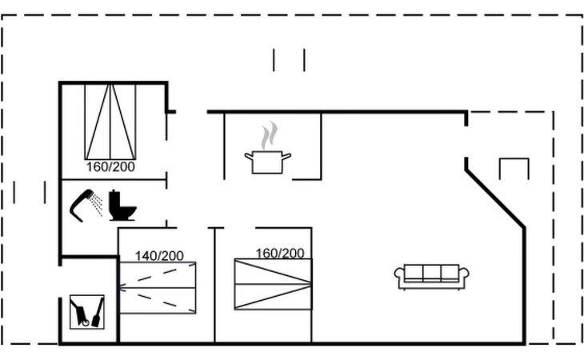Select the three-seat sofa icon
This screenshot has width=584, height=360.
point(431,276)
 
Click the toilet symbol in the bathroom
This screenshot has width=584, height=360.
point(122,206)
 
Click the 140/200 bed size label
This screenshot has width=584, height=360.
point(158,256)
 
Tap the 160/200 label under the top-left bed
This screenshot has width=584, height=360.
point(110,167)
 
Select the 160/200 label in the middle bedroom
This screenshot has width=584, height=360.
point(279,253)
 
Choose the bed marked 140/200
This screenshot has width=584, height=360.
point(158,287)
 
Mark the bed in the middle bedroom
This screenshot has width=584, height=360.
point(273,284)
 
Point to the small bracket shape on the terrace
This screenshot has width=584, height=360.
point(514,167)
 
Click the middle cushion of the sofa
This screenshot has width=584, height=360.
point(431,272)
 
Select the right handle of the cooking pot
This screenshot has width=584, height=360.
point(286,156)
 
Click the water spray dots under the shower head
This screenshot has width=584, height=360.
point(96,206)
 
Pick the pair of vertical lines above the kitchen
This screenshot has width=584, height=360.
point(289,60)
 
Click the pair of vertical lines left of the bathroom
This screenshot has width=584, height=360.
point(30,192)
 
